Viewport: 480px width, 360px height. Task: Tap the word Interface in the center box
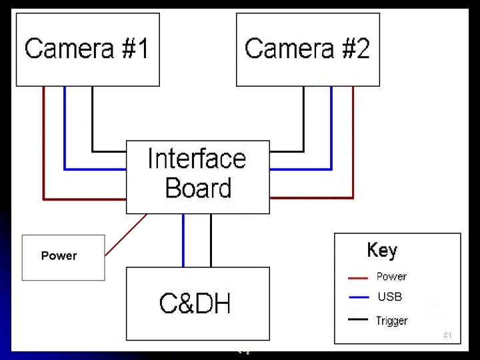pyautogui.click(x=197, y=159)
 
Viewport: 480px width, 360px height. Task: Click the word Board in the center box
pyautogui.click(x=197, y=188)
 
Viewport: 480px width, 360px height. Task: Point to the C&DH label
pyautogui.click(x=195, y=304)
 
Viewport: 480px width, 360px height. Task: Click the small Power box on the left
pyautogui.click(x=63, y=257)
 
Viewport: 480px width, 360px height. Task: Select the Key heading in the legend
pyautogui.click(x=382, y=251)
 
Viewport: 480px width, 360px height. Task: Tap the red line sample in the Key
pyautogui.click(x=358, y=277)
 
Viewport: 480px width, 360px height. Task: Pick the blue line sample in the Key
pyautogui.click(x=358, y=297)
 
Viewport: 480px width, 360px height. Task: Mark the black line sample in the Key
pyautogui.click(x=358, y=320)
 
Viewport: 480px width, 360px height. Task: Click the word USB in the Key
pyautogui.click(x=390, y=297)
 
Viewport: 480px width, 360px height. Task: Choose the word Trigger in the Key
pyautogui.click(x=391, y=321)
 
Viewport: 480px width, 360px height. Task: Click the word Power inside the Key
pyautogui.click(x=391, y=277)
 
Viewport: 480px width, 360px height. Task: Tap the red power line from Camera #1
pyautogui.click(x=44, y=147)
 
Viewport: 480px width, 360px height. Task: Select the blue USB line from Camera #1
pyautogui.click(x=65, y=133)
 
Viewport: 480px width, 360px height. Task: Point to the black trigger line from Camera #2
pyautogui.click(x=304, y=120)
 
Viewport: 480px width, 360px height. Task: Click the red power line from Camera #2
pyautogui.click(x=353, y=147)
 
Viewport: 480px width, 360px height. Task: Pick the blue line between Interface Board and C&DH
pyautogui.click(x=183, y=240)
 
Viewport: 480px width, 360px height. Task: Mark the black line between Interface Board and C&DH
pyautogui.click(x=211, y=240)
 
